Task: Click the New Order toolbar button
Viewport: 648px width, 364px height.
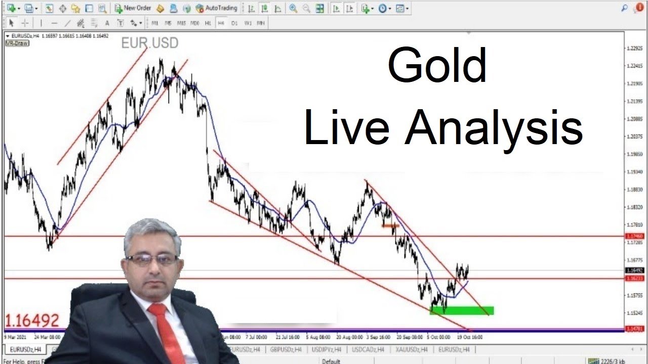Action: point(133,8)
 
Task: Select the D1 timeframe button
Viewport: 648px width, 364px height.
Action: point(234,23)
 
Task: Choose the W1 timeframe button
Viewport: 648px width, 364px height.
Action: point(248,23)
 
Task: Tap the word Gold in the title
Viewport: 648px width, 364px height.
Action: point(436,66)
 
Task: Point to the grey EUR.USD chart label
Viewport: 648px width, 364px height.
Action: point(149,43)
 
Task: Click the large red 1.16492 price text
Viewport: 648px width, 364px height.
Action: point(32,320)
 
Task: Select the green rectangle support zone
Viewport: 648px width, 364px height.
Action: point(462,310)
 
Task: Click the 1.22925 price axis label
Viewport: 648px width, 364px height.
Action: point(634,49)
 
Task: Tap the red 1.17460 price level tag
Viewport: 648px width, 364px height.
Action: point(634,236)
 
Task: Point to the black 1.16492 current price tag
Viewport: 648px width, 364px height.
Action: point(634,270)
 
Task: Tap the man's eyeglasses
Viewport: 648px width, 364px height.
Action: point(151,260)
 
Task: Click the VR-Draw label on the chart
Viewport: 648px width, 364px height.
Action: point(17,43)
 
